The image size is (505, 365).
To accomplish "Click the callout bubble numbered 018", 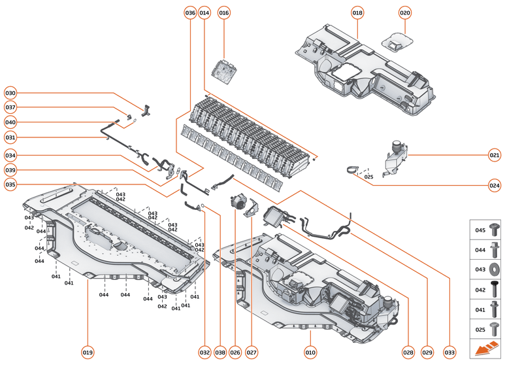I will (x=357, y=12).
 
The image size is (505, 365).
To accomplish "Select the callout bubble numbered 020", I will (x=405, y=12).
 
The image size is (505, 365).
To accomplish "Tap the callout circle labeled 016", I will (x=224, y=12).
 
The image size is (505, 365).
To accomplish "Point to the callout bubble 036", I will (x=190, y=12).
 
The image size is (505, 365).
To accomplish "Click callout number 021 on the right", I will (x=495, y=155).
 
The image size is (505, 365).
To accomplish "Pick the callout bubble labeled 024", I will (x=495, y=185).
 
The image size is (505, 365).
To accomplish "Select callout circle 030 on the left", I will (x=10, y=92).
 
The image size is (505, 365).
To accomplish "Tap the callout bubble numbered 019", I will (x=88, y=353).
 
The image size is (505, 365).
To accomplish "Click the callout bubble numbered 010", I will (x=310, y=353).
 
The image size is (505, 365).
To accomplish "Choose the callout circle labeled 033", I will (x=449, y=353).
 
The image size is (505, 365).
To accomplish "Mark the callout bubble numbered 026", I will (x=235, y=353).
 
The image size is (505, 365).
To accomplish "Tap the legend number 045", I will (x=480, y=230).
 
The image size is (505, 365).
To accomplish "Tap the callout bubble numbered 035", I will (x=10, y=185).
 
